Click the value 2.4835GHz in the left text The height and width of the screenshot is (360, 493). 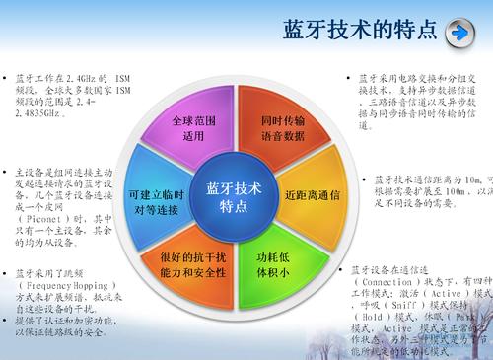click(x=39, y=113)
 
